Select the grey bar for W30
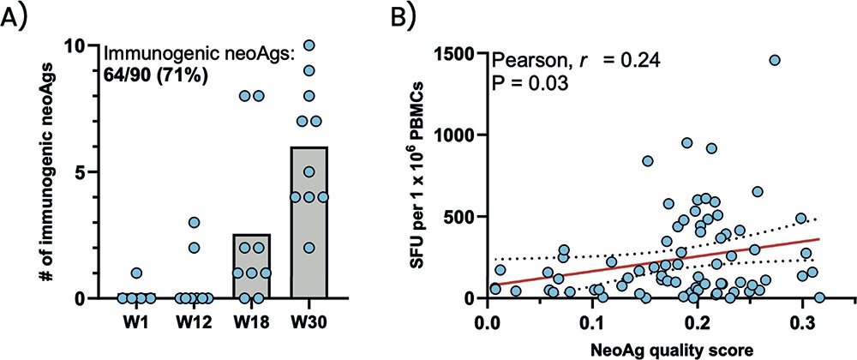click(309, 223)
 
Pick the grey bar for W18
click(252, 266)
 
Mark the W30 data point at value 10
click(309, 45)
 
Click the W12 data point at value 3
click(195, 223)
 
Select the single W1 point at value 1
click(137, 273)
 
